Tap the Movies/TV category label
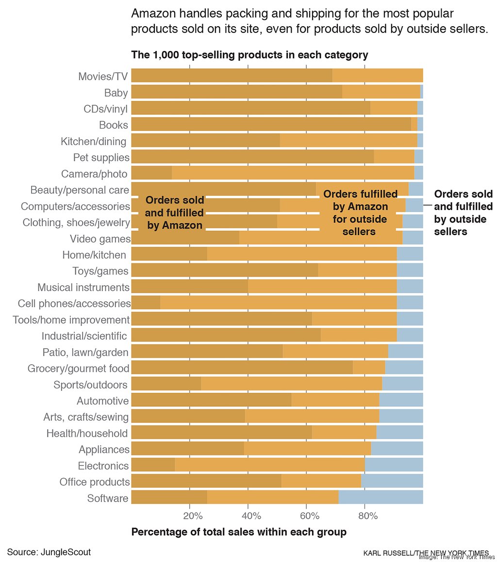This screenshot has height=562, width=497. click(x=103, y=76)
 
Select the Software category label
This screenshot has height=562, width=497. click(x=108, y=498)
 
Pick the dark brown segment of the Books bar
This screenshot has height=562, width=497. click(x=271, y=125)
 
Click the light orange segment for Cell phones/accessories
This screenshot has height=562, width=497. click(x=278, y=304)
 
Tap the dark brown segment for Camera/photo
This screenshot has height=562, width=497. click(x=151, y=174)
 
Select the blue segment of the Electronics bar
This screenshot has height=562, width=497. click(x=394, y=466)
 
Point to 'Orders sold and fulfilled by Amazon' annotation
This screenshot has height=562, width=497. click(x=174, y=212)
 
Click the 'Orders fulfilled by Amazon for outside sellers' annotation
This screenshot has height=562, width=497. click(x=360, y=212)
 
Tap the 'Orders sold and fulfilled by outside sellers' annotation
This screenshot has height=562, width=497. click(x=463, y=212)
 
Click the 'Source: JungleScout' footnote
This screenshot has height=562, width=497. click(x=49, y=552)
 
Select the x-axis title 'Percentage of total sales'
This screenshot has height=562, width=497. click(x=239, y=532)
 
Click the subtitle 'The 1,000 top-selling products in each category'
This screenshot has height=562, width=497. click(x=249, y=54)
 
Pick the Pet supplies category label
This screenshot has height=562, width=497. click(x=101, y=157)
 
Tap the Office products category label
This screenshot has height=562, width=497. click(x=95, y=482)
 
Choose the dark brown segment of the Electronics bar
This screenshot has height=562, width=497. click(x=153, y=466)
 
